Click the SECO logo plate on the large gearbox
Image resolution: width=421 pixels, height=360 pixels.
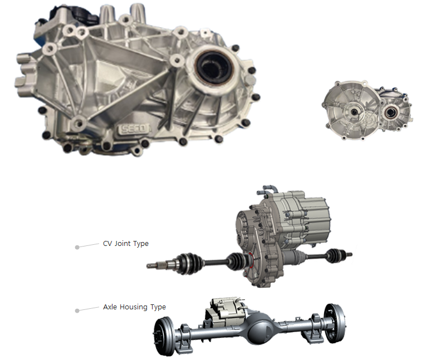point(134,129)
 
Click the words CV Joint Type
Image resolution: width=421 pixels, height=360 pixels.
point(126,244)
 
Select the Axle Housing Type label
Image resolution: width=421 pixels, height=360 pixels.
point(134,307)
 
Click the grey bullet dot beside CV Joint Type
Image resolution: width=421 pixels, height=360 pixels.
point(77,247)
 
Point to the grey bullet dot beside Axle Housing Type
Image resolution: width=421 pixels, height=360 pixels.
point(77,310)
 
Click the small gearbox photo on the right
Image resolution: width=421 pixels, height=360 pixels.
point(368,110)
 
